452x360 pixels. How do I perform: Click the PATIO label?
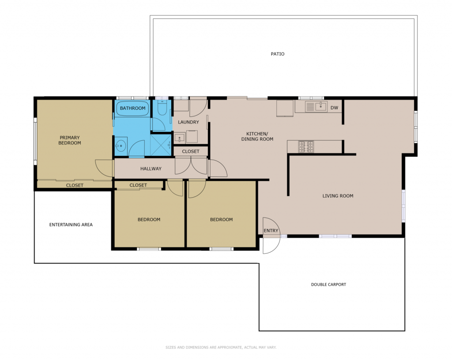click(278, 54)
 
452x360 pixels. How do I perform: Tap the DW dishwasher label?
click(334, 108)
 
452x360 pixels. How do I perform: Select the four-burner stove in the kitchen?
click(306, 146)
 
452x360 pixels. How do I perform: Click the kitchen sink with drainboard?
click(316, 107)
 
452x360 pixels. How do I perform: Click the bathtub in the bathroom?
click(132, 108)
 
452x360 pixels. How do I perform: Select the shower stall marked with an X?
click(161, 145)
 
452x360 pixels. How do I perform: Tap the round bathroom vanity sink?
click(121, 146)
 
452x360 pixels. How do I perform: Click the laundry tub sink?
click(180, 138)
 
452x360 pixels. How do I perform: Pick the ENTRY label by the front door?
click(271, 231)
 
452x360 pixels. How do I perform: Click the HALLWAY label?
click(151, 169)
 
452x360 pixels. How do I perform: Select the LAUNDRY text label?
click(188, 122)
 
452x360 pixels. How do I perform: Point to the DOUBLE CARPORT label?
click(328, 285)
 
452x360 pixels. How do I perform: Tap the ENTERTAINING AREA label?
click(71, 225)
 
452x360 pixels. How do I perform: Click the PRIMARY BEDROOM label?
click(70, 140)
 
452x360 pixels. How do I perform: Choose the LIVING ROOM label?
click(338, 196)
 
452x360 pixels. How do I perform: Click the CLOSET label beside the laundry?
click(191, 151)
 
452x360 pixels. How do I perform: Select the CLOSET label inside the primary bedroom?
click(75, 185)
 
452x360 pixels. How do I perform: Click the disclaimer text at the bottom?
click(221, 347)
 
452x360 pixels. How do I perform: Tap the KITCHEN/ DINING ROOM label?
click(257, 136)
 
